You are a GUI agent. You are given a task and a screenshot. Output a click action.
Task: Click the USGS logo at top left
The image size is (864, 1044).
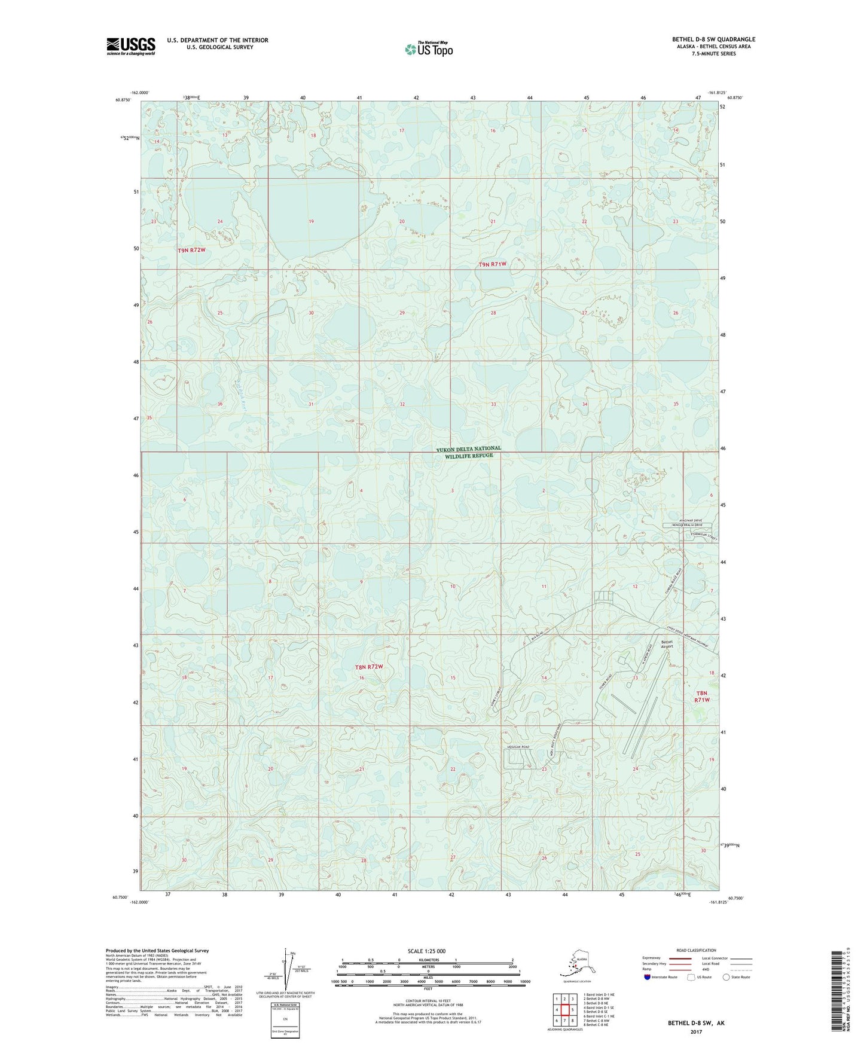tap(130, 46)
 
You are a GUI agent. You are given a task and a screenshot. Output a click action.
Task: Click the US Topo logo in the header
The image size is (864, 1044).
tap(428, 48)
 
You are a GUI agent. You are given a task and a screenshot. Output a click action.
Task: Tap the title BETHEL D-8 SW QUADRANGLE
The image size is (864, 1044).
tap(713, 39)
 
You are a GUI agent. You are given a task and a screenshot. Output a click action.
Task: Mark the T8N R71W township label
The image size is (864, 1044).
tap(701, 695)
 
